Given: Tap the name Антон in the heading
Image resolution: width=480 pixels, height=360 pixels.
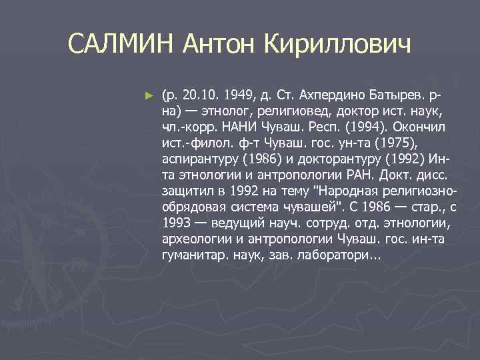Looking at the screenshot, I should [x=221, y=46].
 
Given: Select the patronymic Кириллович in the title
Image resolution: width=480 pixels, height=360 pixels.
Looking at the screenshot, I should [x=338, y=46].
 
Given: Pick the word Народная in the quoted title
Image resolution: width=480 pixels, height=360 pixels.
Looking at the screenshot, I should [x=341, y=191].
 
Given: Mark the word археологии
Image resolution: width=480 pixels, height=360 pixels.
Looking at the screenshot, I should [x=193, y=239].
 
